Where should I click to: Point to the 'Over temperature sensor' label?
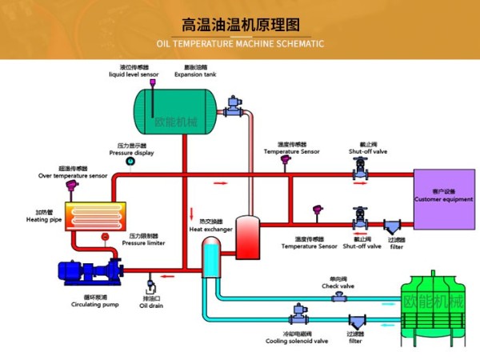point(73,175)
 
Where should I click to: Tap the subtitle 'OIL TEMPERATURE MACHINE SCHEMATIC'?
point(240,43)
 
